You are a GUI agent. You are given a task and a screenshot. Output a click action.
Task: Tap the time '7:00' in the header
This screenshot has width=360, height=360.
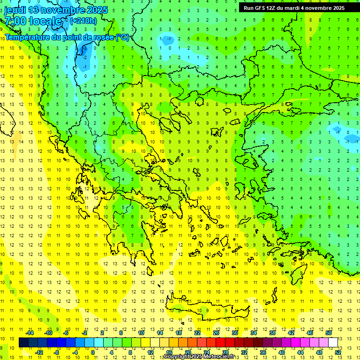point(15,21)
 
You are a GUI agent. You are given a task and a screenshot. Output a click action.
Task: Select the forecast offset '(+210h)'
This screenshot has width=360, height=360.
point(83,21)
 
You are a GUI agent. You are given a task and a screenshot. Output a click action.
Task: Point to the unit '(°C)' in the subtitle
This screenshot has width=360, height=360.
point(122,37)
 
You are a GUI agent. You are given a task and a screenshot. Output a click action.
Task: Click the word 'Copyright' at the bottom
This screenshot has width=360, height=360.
point(176,357)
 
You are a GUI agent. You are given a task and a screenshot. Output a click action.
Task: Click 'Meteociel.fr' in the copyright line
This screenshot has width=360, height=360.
point(222,357)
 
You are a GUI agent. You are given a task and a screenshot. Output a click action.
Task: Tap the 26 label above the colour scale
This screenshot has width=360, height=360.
point(216,333)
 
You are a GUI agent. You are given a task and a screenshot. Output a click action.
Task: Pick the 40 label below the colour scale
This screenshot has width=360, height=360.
point(282,352)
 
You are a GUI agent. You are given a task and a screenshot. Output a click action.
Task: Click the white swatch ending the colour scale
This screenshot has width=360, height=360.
point(333,343)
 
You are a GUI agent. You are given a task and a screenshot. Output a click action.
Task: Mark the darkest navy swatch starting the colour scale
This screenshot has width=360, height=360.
point(23,343)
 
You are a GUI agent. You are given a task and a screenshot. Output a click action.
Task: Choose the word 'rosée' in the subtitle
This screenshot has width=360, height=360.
point(103,37)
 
